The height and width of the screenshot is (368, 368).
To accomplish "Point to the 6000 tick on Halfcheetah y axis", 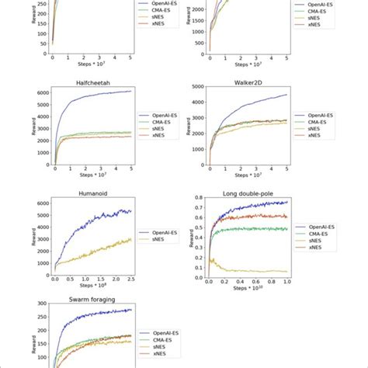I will point(42,92).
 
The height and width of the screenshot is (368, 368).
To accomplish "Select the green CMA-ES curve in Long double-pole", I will point(248,229).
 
